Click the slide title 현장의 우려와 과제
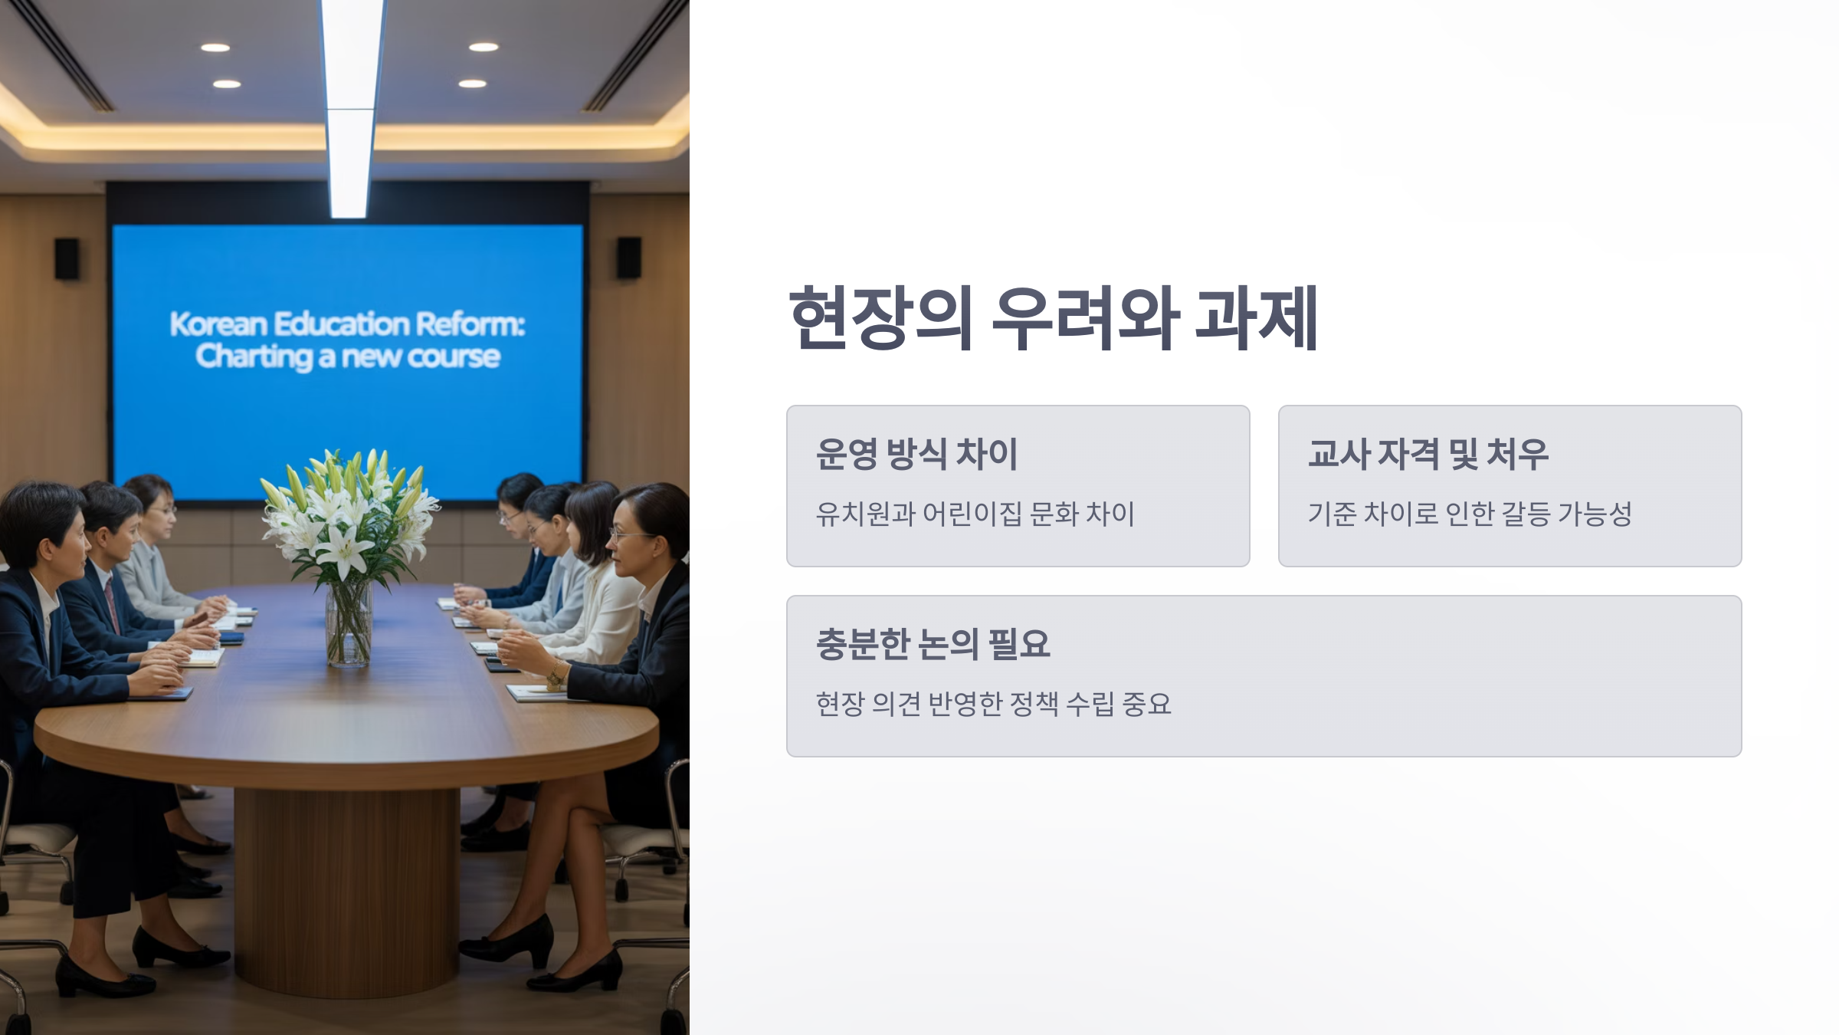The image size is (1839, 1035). point(1054,318)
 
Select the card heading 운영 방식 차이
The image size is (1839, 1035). point(916,454)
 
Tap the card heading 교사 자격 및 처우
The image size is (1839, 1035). point(1428,454)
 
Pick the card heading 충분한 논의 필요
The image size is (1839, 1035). point(933,644)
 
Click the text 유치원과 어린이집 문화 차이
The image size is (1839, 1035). point(975,514)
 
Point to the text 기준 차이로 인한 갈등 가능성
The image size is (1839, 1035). point(1469,514)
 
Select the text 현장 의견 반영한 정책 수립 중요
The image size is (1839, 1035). point(993,704)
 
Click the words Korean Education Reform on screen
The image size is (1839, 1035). point(346,324)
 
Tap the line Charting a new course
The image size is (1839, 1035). point(347,357)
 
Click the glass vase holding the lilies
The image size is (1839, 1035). point(349,625)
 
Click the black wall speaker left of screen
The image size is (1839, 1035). point(67,258)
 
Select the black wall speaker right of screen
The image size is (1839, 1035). point(629,258)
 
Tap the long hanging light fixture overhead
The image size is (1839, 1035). point(351,107)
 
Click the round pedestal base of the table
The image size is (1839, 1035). point(346,889)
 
